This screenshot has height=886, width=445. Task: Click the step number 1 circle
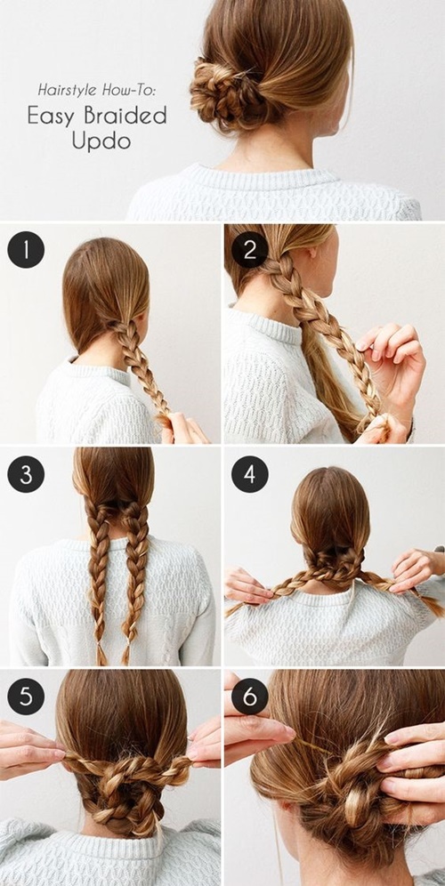[26, 250]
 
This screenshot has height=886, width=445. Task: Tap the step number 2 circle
[250, 250]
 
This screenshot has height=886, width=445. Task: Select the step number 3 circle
[26, 474]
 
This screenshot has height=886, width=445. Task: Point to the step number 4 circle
[250, 474]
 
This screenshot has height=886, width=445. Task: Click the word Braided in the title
[125, 116]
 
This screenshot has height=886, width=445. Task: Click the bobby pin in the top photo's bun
[243, 73]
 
